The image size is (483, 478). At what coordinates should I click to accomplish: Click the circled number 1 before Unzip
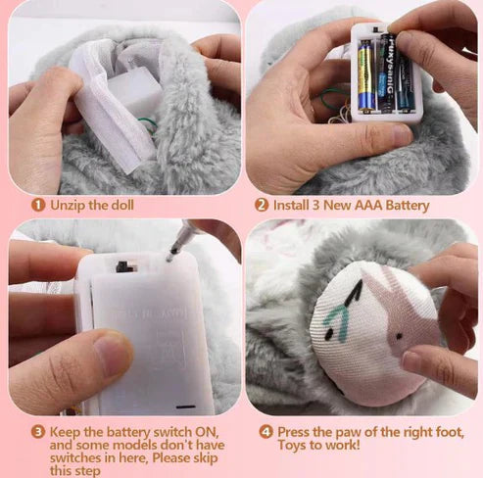37,205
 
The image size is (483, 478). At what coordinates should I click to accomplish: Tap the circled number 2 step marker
262,205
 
